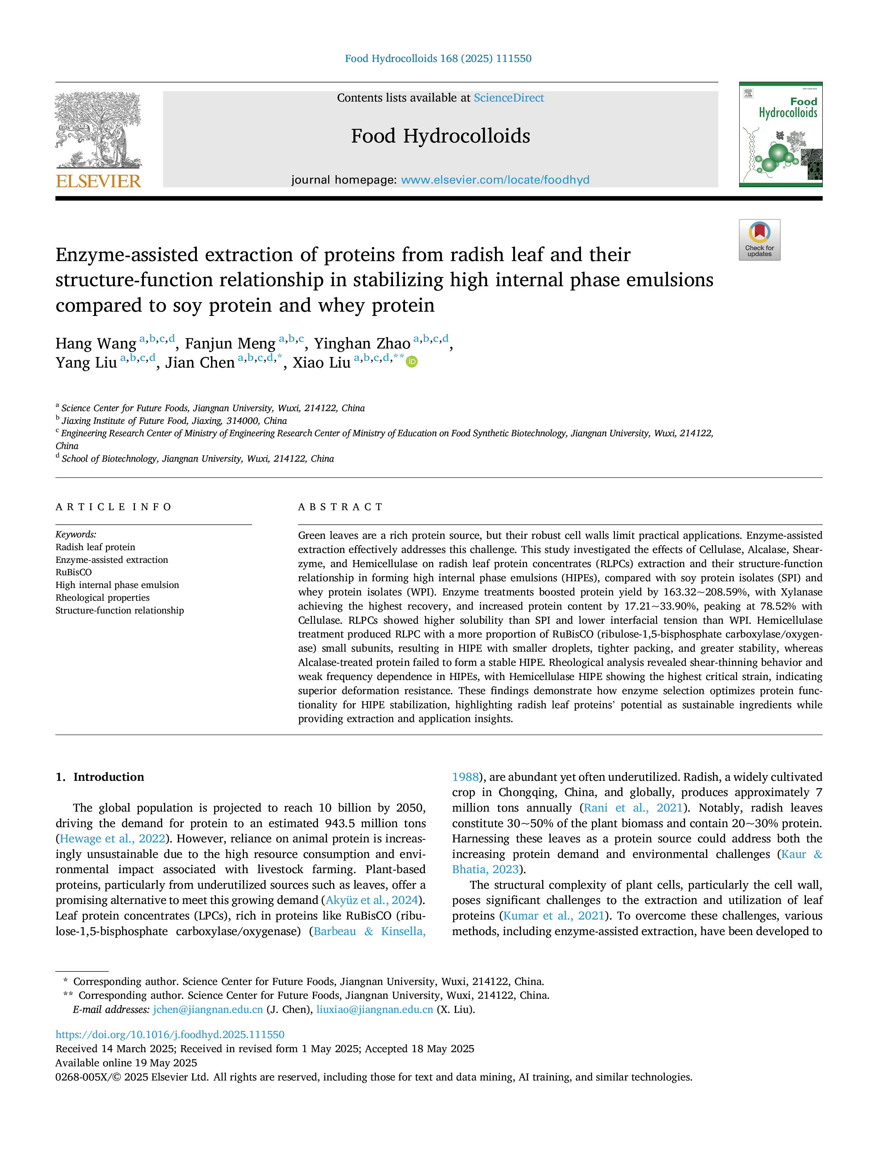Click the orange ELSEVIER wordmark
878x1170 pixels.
click(98, 181)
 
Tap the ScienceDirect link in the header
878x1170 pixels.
click(509, 98)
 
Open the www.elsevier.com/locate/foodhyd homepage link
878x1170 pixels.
click(495, 180)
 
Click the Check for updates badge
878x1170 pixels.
click(759, 240)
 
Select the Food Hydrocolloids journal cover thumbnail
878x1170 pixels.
click(781, 134)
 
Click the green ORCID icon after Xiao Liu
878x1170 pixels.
click(412, 362)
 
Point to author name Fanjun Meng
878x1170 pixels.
click(230, 344)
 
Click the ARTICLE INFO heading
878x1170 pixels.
click(113, 507)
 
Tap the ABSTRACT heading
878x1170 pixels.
click(340, 507)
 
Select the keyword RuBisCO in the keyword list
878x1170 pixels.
click(74, 572)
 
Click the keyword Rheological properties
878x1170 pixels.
click(103, 598)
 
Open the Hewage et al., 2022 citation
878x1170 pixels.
click(112, 839)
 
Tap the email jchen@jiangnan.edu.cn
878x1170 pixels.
click(208, 1009)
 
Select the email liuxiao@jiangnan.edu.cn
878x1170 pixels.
click(375, 1009)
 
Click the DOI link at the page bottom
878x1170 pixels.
click(170, 1034)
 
